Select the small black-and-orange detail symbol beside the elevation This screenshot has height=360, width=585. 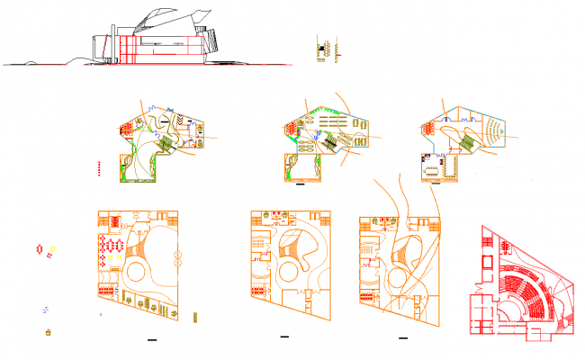(x=325, y=49)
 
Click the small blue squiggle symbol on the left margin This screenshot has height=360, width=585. (x=46, y=310)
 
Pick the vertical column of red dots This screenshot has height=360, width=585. (x=98, y=166)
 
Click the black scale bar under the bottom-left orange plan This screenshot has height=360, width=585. (x=151, y=340)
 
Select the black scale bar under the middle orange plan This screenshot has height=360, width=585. (x=284, y=337)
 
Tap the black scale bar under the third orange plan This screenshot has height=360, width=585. (x=401, y=337)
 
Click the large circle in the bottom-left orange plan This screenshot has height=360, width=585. (x=138, y=271)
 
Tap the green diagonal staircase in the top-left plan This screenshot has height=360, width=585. (x=166, y=145)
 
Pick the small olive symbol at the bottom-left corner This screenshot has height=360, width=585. (x=49, y=333)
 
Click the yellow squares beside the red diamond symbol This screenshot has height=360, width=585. (x=53, y=247)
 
